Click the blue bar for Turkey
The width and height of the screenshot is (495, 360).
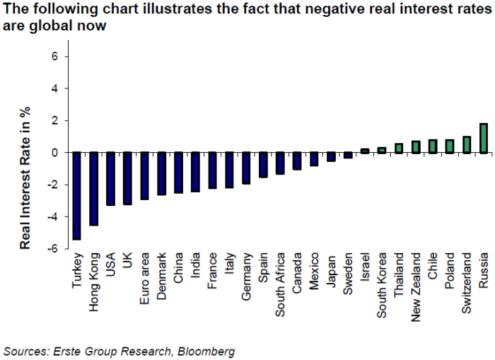pyautogui.click(x=76, y=196)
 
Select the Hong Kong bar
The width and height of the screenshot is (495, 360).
pyautogui.click(x=94, y=189)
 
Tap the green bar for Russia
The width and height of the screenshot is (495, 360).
pyautogui.click(x=484, y=139)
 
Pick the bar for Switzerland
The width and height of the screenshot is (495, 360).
pyautogui.click(x=467, y=145)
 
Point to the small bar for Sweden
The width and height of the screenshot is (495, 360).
pyautogui.click(x=348, y=155)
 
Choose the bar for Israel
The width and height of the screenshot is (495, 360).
pyautogui.click(x=365, y=151)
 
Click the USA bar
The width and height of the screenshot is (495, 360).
pyautogui.click(x=110, y=179)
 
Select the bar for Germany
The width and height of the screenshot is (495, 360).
pyautogui.click(x=246, y=168)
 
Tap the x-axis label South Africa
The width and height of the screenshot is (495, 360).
pyautogui.click(x=280, y=284)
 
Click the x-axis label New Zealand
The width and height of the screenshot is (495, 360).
pyautogui.click(x=416, y=287)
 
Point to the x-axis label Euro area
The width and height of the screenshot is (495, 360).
pyautogui.click(x=144, y=278)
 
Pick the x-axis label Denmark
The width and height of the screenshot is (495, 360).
pyautogui.click(x=161, y=276)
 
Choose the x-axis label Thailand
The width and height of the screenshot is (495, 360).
pyautogui.click(x=399, y=274)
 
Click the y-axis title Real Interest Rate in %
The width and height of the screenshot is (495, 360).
pyautogui.click(x=25, y=178)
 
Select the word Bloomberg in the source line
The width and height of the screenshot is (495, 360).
pyautogui.click(x=206, y=351)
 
